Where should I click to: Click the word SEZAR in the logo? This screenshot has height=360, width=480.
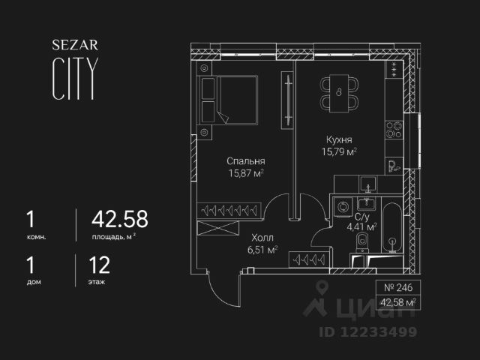(x=71, y=45)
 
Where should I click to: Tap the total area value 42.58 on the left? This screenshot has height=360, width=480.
(x=119, y=219)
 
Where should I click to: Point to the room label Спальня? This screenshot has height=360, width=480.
(x=247, y=160)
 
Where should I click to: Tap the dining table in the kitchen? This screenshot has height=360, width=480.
(x=339, y=93)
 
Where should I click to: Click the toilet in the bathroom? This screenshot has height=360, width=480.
(x=362, y=242)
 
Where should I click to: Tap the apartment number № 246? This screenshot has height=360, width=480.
(x=397, y=287)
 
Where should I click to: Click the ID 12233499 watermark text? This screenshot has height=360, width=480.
(x=370, y=332)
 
